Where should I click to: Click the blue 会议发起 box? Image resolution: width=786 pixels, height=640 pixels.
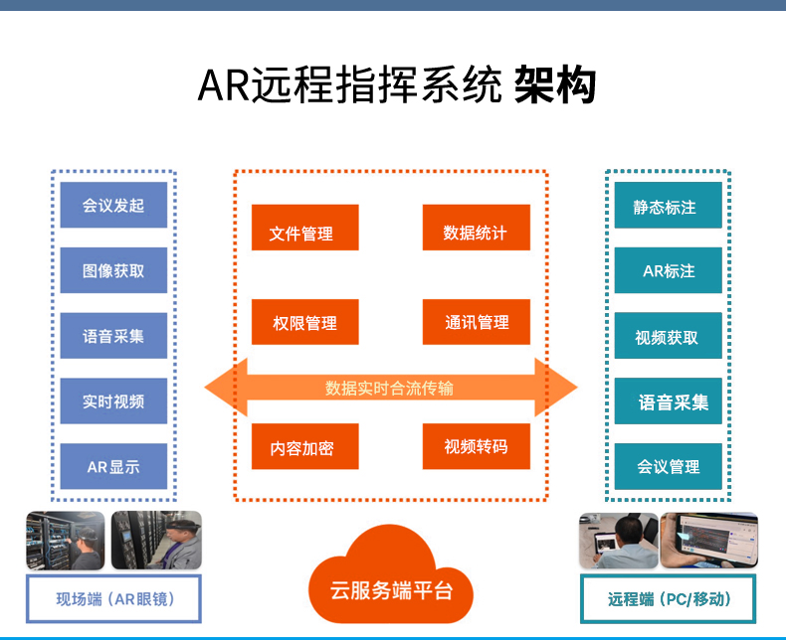[x=113, y=205]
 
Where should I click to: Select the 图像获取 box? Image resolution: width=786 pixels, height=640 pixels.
[x=113, y=270]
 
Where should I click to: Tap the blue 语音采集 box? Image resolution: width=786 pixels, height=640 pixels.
[x=113, y=336]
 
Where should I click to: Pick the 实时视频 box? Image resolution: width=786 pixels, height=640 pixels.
[x=113, y=401]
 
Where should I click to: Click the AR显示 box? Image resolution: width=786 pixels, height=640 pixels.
[x=113, y=466]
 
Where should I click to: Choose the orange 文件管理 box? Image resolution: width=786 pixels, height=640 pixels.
[x=305, y=228]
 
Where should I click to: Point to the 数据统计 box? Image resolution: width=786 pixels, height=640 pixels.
[x=477, y=228]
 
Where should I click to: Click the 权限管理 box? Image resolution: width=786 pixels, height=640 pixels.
[x=305, y=322]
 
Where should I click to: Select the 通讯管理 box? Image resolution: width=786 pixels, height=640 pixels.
[x=477, y=322]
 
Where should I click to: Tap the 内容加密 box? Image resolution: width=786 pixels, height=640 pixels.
[x=305, y=446]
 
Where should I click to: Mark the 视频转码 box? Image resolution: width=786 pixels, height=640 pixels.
[x=477, y=446]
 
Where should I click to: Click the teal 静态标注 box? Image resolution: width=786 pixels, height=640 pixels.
[x=669, y=205]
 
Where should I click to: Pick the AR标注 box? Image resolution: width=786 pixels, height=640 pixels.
[x=669, y=270]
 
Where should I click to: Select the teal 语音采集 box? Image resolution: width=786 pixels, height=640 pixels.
[x=669, y=401]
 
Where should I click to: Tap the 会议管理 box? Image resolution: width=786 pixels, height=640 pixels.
[x=669, y=466]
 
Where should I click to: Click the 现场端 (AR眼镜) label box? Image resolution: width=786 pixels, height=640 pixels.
[x=113, y=599]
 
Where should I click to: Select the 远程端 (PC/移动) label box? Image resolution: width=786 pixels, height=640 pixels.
[x=669, y=599]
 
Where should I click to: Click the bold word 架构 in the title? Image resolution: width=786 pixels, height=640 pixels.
[x=555, y=84]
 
